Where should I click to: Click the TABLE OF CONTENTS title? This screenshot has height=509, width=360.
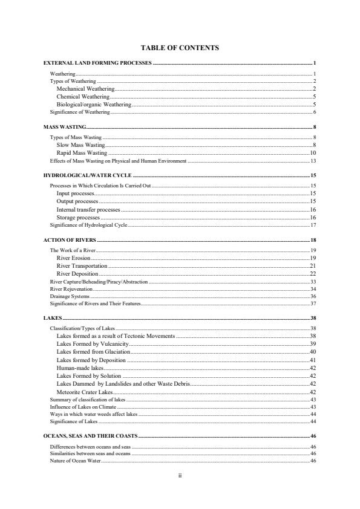180,47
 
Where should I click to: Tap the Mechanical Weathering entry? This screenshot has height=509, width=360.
85,89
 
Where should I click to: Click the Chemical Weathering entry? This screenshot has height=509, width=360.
83,97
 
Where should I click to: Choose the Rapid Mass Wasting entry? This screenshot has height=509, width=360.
82,153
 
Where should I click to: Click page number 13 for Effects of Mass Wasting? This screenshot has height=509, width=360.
313,161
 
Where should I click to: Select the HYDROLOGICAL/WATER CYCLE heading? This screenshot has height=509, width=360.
87,175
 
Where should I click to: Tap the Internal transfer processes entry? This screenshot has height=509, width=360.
88,209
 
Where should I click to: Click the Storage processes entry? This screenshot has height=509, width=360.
78,217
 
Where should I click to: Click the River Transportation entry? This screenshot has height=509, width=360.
82,266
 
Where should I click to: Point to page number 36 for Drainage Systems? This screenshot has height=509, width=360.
313,297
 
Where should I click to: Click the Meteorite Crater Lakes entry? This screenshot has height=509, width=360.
85,392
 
